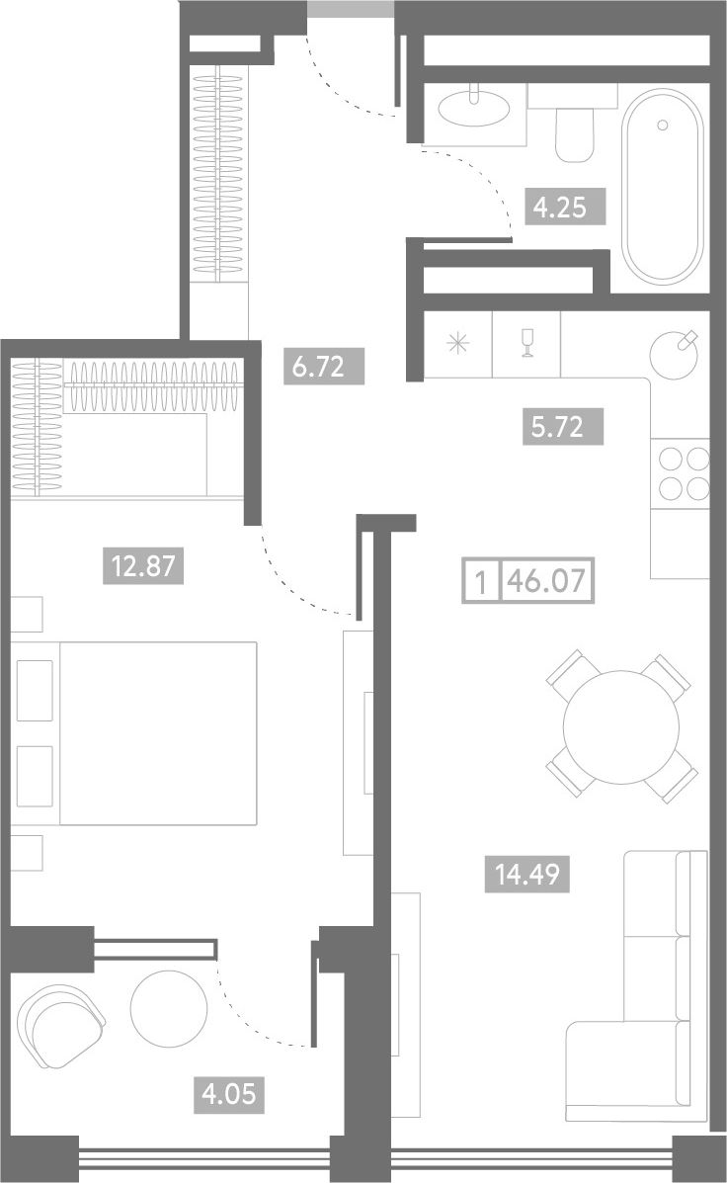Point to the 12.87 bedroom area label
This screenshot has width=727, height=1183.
coord(143,566)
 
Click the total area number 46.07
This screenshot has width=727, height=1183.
coord(548,581)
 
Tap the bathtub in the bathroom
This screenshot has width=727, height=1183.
coord(662,186)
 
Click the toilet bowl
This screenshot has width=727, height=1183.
coord(574,133)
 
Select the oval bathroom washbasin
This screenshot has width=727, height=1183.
coord(472,107)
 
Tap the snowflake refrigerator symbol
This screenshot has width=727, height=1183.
coord(457,344)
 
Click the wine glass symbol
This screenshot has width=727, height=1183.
coord(527,344)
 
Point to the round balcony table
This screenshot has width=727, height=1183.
coord(169,1009)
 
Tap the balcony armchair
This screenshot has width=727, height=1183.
coord(60,1025)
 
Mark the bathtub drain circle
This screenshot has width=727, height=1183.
coord(663,125)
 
